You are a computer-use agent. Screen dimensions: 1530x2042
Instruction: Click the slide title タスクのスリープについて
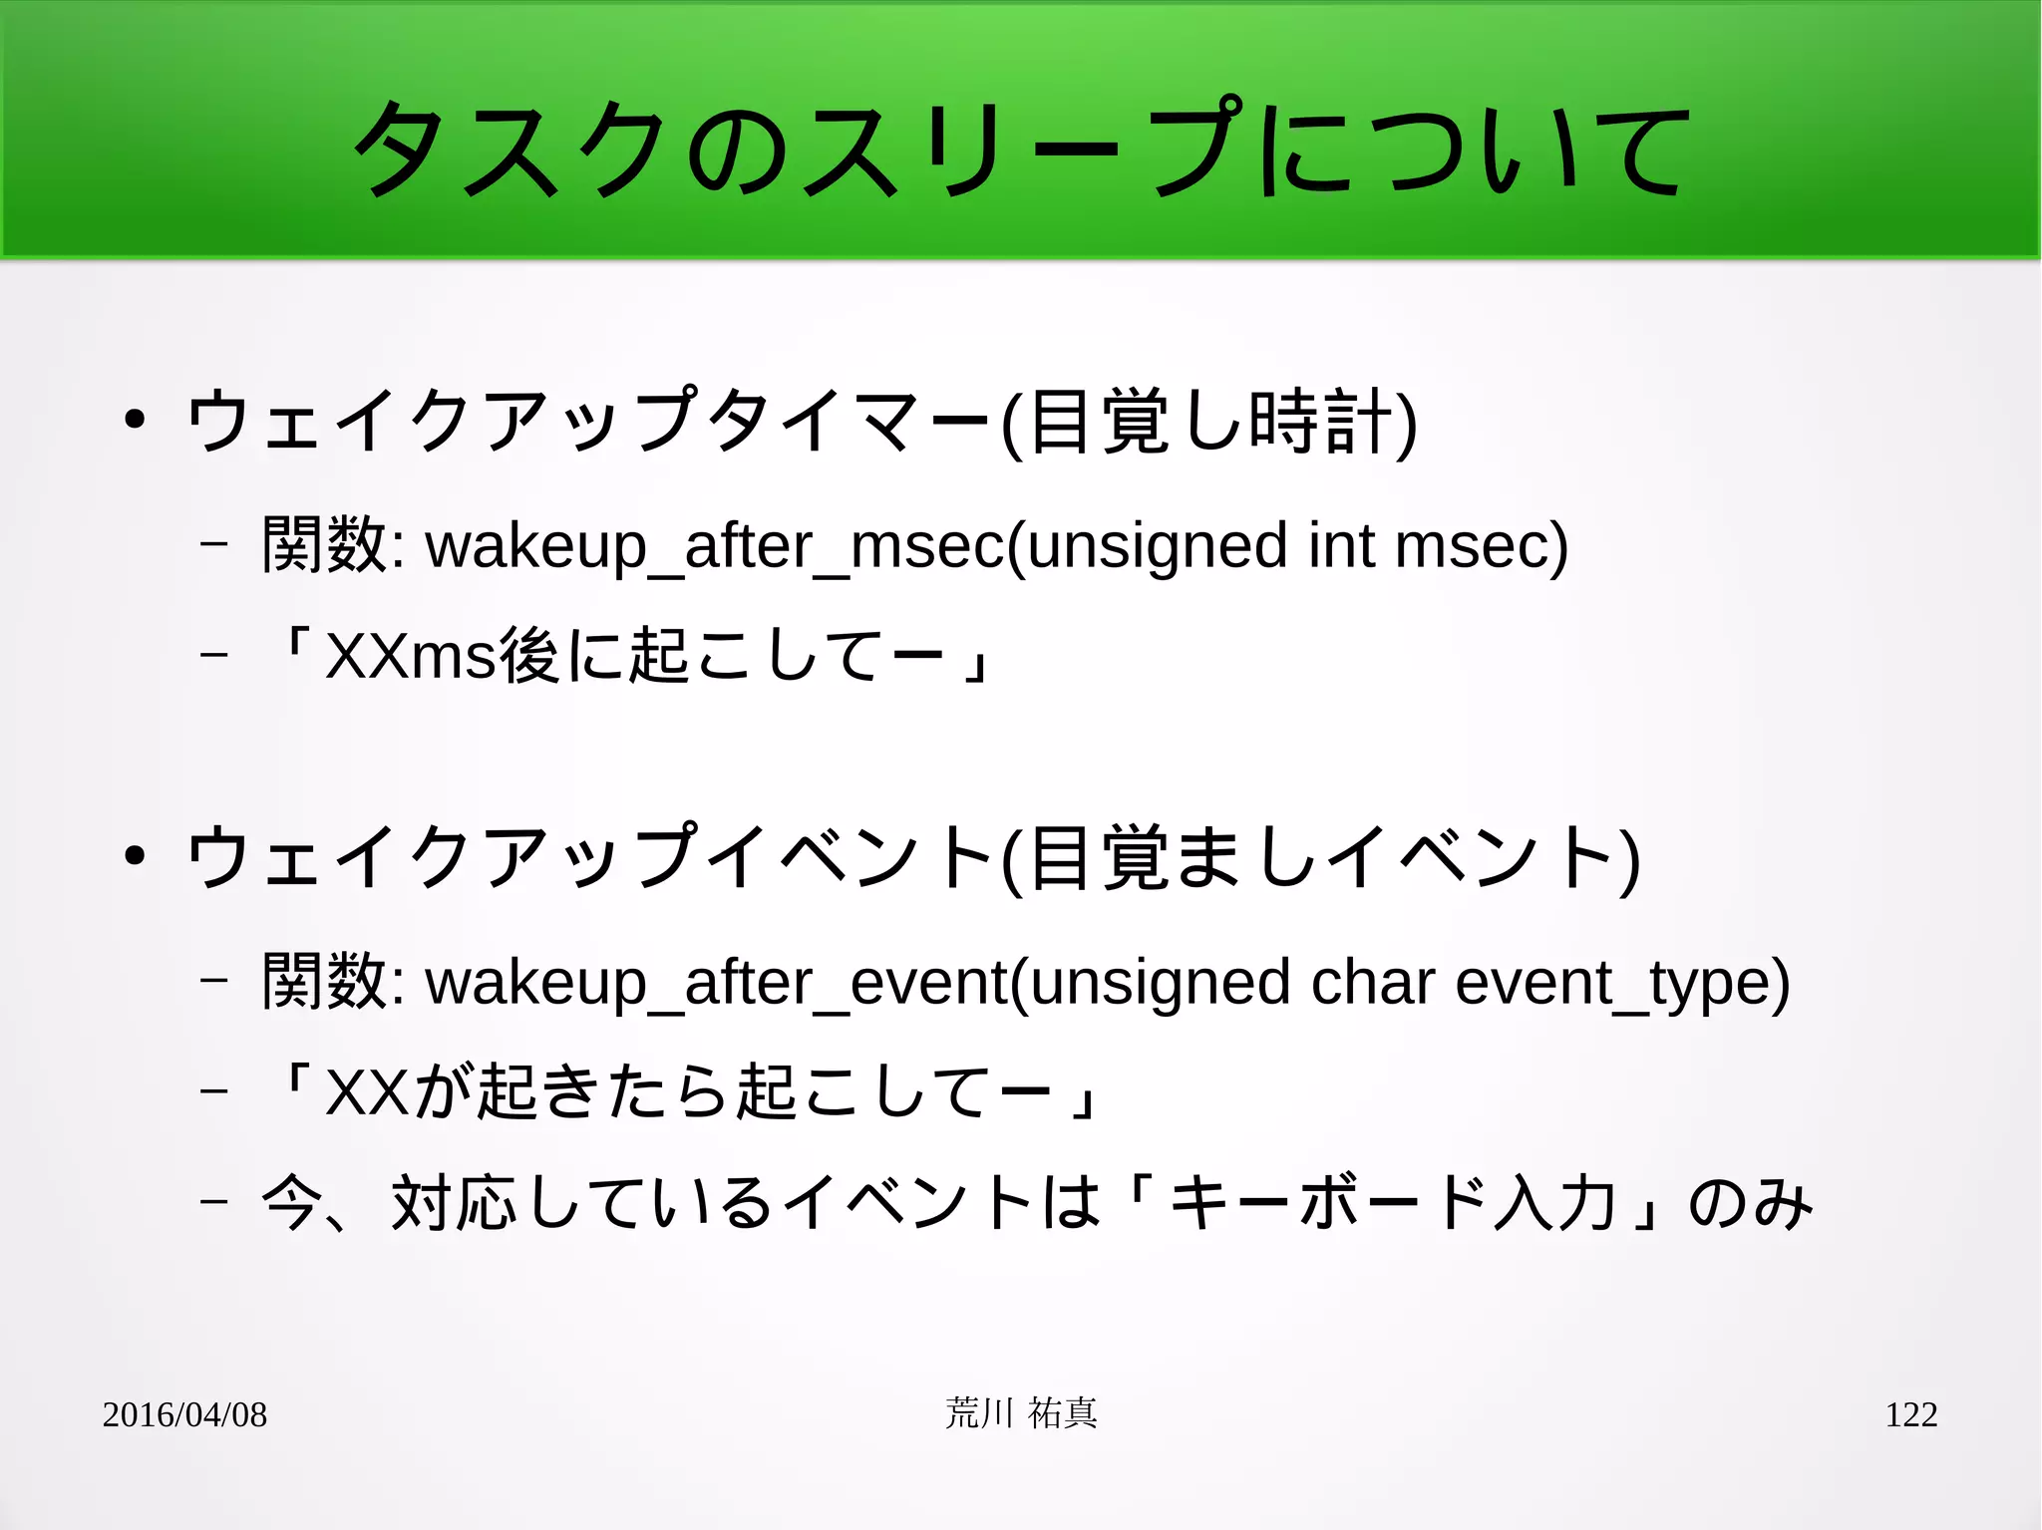coord(1021,150)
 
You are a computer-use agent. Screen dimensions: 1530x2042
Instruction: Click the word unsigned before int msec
coord(1157,545)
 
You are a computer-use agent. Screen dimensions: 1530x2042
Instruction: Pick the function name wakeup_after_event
coord(717,984)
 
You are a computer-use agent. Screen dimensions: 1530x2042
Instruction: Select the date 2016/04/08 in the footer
coord(184,1414)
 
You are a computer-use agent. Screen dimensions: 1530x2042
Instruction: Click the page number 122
coord(1910,1414)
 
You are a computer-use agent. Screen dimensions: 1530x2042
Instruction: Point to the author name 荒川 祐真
coord(1021,1413)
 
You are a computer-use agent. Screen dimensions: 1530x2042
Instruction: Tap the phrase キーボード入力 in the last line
coord(1391,1203)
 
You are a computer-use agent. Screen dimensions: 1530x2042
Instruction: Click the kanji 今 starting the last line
coord(292,1203)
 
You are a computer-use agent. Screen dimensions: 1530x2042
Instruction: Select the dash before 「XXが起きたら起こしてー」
coord(213,1091)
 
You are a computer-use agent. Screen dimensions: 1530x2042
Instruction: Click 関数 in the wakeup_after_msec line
coord(324,545)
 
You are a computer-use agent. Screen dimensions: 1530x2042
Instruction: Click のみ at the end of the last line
coord(1749,1203)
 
